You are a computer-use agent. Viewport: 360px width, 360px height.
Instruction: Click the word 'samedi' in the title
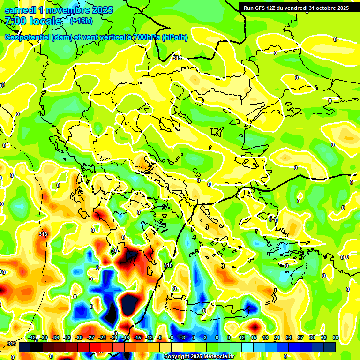coord(19,10)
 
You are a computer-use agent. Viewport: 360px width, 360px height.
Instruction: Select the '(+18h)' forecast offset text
coord(81,21)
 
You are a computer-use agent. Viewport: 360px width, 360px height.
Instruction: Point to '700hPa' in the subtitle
coord(145,37)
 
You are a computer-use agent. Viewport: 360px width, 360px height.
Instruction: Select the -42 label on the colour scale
coord(32,337)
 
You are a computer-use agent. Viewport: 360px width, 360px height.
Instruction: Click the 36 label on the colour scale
coord(336,337)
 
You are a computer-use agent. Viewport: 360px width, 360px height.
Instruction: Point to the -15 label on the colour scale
coord(137,337)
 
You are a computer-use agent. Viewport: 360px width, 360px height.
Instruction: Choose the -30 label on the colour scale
coord(79,337)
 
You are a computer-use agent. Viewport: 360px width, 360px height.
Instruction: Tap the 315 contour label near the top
coord(177,57)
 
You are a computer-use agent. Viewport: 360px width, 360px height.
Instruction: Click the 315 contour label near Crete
coord(168,265)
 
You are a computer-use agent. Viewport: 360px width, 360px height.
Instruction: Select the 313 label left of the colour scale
coord(11,344)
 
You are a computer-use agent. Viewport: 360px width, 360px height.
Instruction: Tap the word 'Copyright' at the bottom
coord(177,357)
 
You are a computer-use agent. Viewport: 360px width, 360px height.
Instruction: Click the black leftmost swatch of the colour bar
coord(24,347)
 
